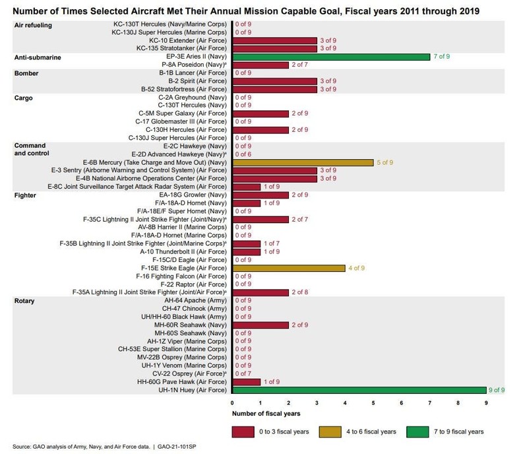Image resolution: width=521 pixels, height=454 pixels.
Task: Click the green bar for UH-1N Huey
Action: click(x=359, y=390)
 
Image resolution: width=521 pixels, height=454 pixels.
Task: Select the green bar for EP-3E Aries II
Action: click(x=331, y=57)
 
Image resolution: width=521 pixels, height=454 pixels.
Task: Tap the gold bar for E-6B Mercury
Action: click(x=303, y=162)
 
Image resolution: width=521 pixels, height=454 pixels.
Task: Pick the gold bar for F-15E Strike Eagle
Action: click(x=289, y=268)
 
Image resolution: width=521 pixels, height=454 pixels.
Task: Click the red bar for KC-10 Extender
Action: click(x=275, y=40)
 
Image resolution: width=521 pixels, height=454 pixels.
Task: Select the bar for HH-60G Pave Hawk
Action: click(x=247, y=381)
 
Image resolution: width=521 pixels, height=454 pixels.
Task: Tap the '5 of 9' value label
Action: click(x=386, y=162)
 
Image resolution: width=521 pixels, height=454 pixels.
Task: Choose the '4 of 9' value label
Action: click(x=357, y=268)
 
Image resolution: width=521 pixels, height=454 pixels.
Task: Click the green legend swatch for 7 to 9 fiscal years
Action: click(x=431, y=432)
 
